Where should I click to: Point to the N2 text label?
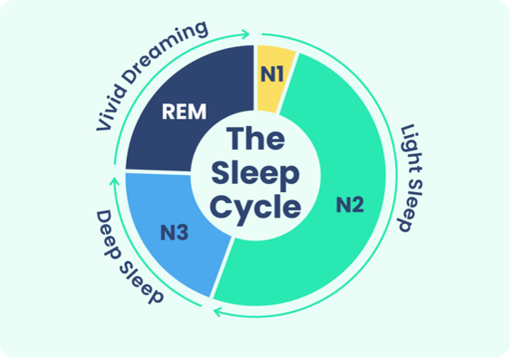[x=350, y=205]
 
